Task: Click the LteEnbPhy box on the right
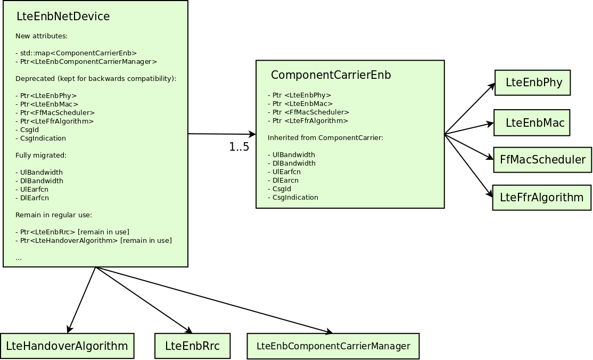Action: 532,83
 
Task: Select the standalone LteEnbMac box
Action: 532,122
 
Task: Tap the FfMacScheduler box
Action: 543,160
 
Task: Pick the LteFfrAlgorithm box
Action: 541,198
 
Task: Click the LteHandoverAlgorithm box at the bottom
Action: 67,346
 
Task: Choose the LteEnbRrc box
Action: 193,346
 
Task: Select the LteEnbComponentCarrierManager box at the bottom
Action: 333,346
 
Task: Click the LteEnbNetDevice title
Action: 63,17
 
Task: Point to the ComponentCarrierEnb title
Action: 331,75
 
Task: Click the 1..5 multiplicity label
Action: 239,147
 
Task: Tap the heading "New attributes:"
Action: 42,36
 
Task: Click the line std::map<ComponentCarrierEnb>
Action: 77,53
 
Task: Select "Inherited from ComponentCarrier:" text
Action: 326,138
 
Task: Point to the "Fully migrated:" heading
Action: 41,155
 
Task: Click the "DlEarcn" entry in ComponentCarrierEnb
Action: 283,181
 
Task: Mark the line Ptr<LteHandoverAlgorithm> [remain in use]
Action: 94,241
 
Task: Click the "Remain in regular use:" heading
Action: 54,215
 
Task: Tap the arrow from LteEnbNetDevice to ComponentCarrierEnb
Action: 222,134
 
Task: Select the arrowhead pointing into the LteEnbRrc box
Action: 188,330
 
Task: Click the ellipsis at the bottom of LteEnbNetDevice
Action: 19,259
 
